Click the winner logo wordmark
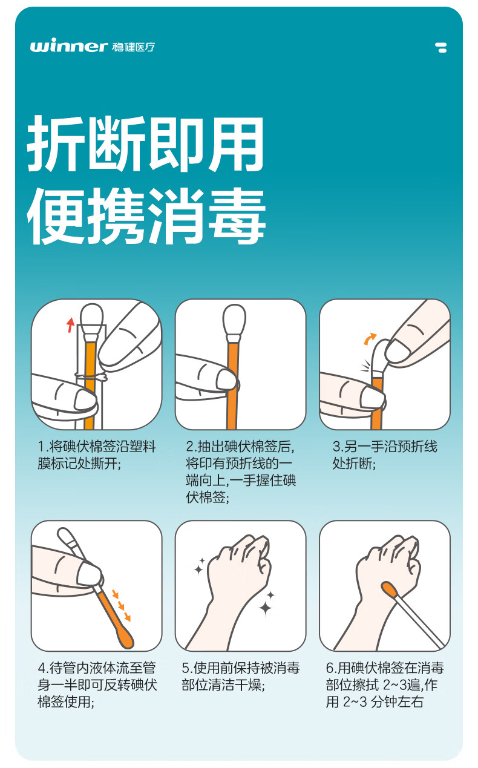(69, 47)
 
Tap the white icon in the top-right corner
(441, 47)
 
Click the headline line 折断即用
(145, 143)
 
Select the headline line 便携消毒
(146, 215)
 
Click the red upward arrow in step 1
(70, 324)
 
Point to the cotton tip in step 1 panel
(91, 318)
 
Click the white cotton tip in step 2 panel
(234, 320)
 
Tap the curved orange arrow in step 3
(370, 338)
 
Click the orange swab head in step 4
(125, 637)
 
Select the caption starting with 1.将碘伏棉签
(97, 455)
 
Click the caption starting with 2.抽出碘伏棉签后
(241, 472)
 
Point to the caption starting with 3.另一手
(385, 455)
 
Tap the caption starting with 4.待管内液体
(97, 685)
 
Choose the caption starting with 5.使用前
(241, 677)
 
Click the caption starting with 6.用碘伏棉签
(385, 685)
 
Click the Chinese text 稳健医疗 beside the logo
(133, 47)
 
